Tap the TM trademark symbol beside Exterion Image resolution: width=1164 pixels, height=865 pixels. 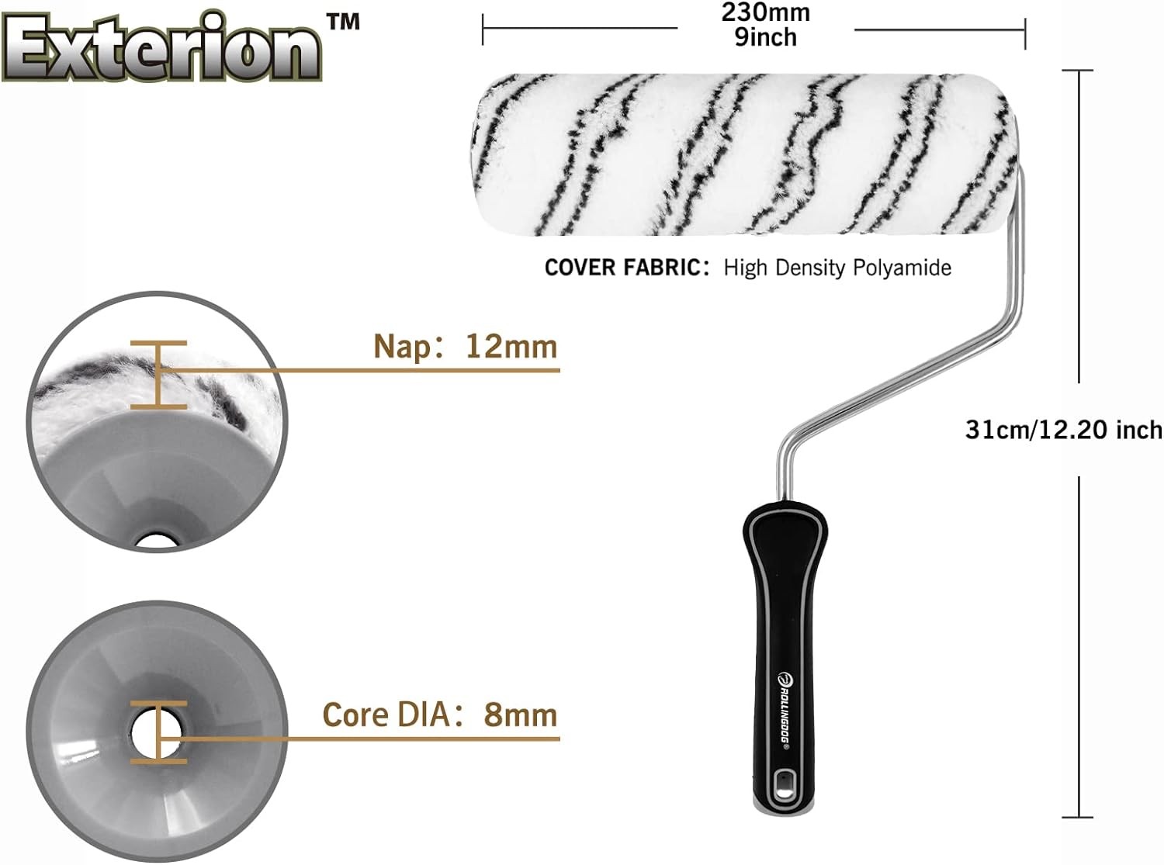tap(343, 21)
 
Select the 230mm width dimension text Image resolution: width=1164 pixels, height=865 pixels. tap(765, 12)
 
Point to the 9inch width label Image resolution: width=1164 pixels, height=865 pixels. tap(765, 36)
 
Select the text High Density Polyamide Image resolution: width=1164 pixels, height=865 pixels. tap(837, 268)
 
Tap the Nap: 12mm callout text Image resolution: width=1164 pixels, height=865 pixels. tap(465, 346)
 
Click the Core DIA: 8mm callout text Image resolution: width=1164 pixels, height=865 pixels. tap(440, 714)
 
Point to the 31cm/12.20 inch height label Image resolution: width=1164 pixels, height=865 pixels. tap(1063, 430)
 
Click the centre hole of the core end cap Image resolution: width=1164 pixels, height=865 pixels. tap(154, 731)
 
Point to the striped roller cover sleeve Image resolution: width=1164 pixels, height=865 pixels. tap(745, 153)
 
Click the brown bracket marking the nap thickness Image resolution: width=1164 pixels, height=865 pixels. tap(158, 375)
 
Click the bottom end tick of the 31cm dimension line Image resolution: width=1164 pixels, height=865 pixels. tap(1077, 817)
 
